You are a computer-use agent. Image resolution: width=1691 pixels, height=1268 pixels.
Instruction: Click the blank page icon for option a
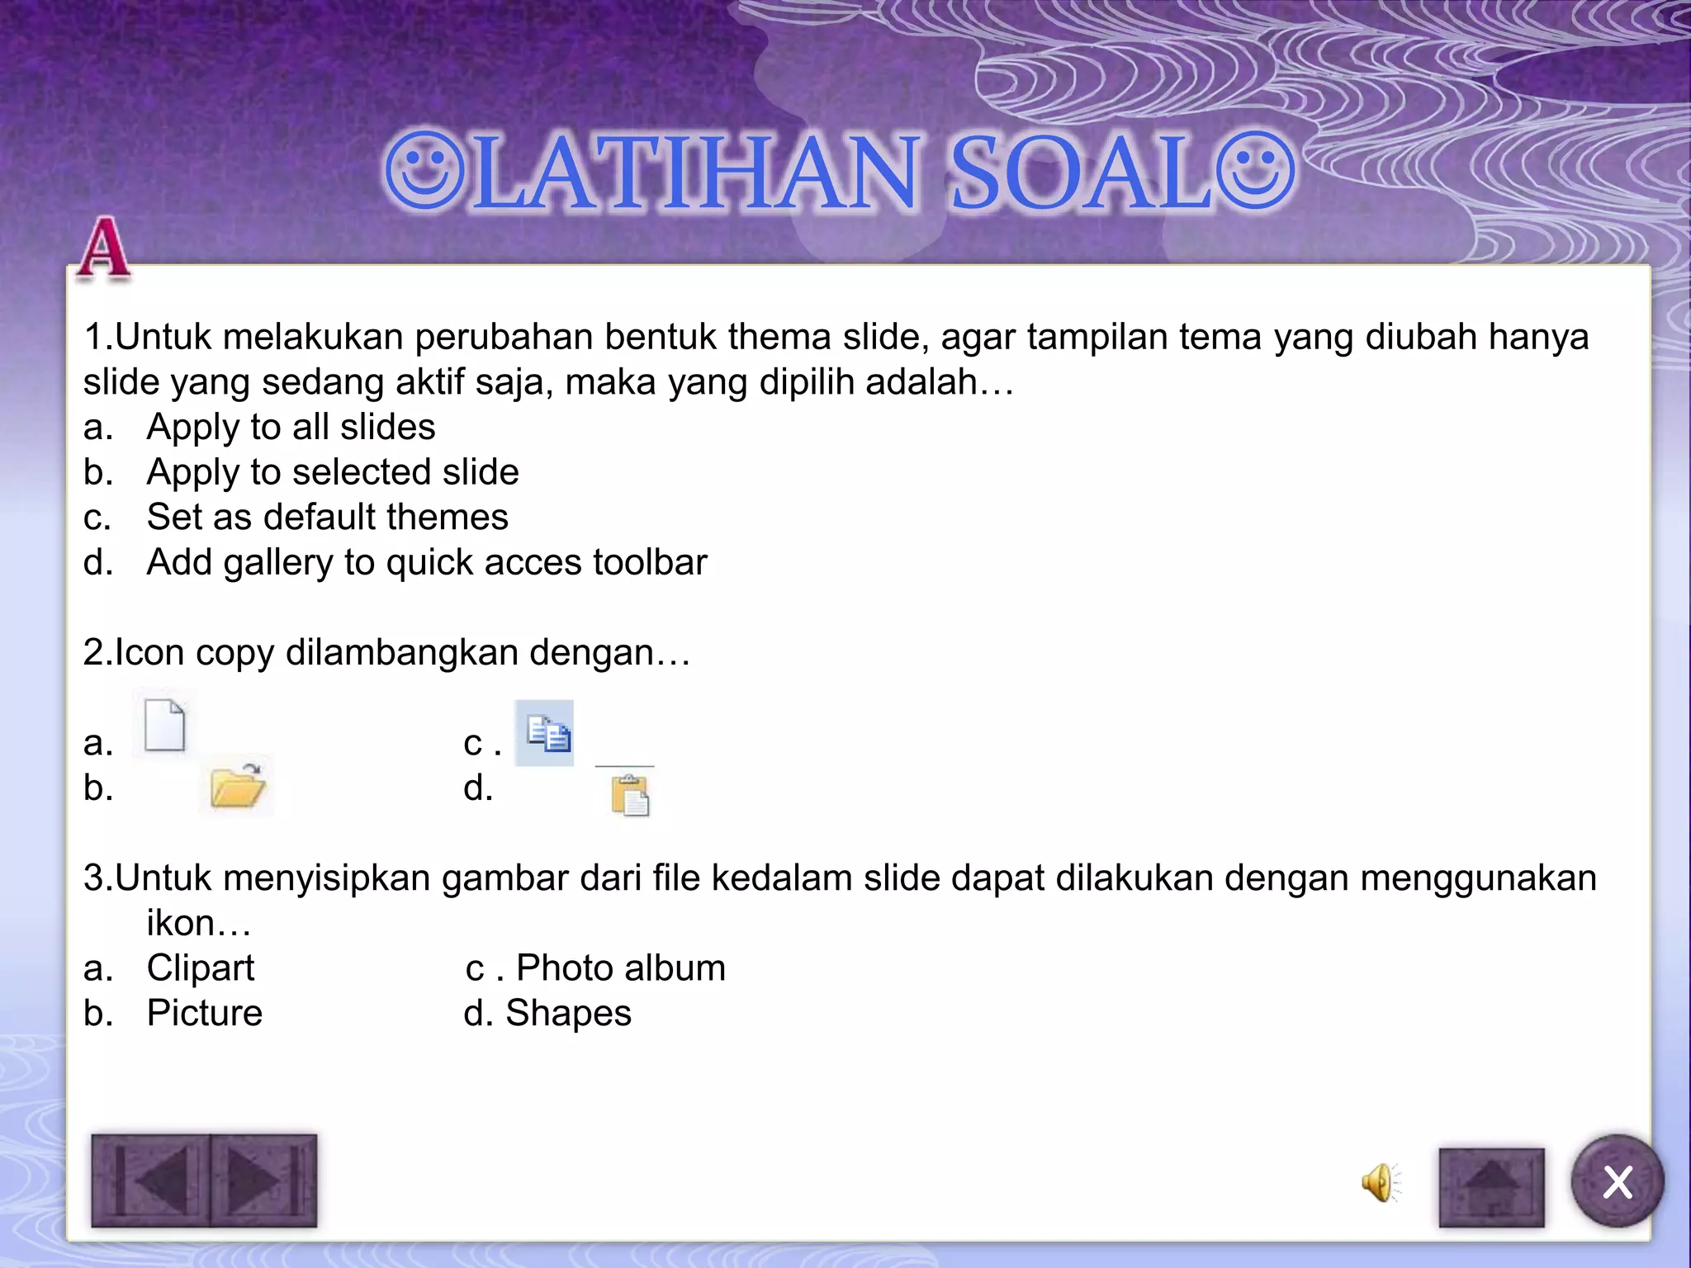point(164,725)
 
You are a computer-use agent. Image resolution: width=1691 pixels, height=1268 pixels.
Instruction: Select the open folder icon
point(237,785)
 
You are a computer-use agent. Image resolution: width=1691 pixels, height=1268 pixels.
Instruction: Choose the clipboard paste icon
point(630,795)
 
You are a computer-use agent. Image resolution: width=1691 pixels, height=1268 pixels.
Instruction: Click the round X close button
point(1617,1181)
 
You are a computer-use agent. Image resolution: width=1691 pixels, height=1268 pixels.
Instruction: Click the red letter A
point(103,247)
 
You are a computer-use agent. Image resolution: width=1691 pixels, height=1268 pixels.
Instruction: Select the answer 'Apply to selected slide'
point(332,472)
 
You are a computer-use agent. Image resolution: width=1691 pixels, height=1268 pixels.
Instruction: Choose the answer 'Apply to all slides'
point(291,427)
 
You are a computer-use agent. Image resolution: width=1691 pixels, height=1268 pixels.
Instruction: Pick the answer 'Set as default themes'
point(327,518)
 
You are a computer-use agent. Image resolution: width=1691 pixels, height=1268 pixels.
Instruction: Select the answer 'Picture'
point(204,1013)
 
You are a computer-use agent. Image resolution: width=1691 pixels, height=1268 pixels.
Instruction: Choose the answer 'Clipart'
point(201,968)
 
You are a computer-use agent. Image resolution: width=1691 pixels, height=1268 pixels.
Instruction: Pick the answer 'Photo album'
point(620,968)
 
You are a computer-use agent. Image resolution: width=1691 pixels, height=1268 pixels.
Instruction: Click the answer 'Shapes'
point(568,1013)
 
